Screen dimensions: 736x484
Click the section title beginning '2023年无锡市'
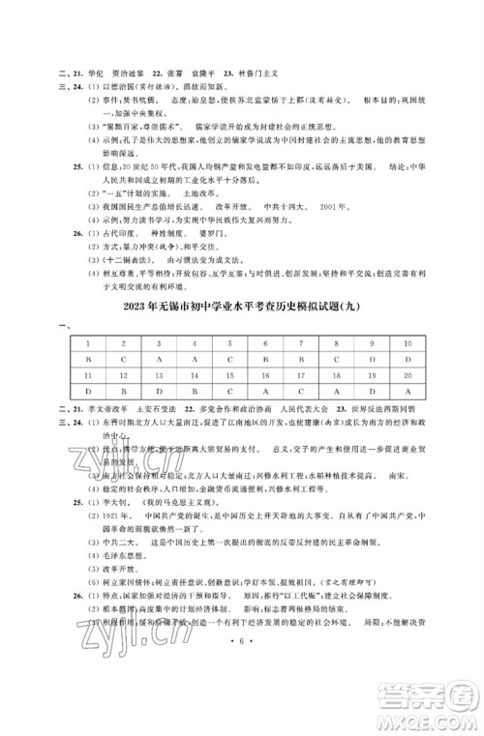pos(242,309)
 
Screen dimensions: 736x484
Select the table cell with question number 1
pos(88,344)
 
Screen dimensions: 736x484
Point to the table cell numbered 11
pos(88,374)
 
